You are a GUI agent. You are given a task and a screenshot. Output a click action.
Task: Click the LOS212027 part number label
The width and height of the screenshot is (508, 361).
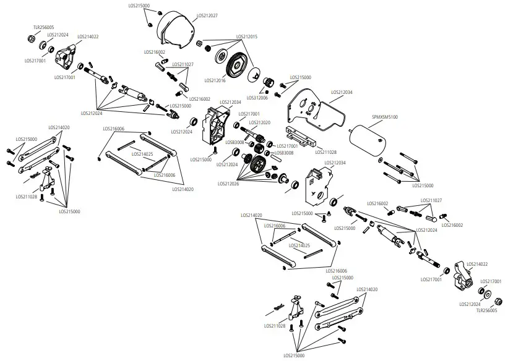[x=206, y=15]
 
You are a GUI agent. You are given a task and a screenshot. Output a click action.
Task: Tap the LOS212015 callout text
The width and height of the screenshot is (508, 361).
[x=246, y=36]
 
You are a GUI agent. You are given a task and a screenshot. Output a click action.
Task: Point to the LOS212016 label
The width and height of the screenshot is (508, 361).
[x=215, y=80]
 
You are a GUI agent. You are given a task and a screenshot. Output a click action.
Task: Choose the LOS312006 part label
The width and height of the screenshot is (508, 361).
[x=257, y=97]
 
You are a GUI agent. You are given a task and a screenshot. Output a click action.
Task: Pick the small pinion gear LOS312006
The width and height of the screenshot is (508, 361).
[x=269, y=83]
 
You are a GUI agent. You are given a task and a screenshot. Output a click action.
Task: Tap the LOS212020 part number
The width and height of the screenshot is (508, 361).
[x=260, y=122]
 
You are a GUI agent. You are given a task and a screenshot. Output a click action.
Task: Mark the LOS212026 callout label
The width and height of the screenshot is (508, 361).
[x=229, y=184]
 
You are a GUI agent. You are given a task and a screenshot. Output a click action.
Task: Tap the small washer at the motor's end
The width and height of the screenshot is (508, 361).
[x=379, y=158]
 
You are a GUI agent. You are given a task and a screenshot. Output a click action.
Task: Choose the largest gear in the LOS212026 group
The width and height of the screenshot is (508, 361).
[x=257, y=164]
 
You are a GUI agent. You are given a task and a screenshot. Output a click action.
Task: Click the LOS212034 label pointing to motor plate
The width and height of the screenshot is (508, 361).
[x=342, y=92]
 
